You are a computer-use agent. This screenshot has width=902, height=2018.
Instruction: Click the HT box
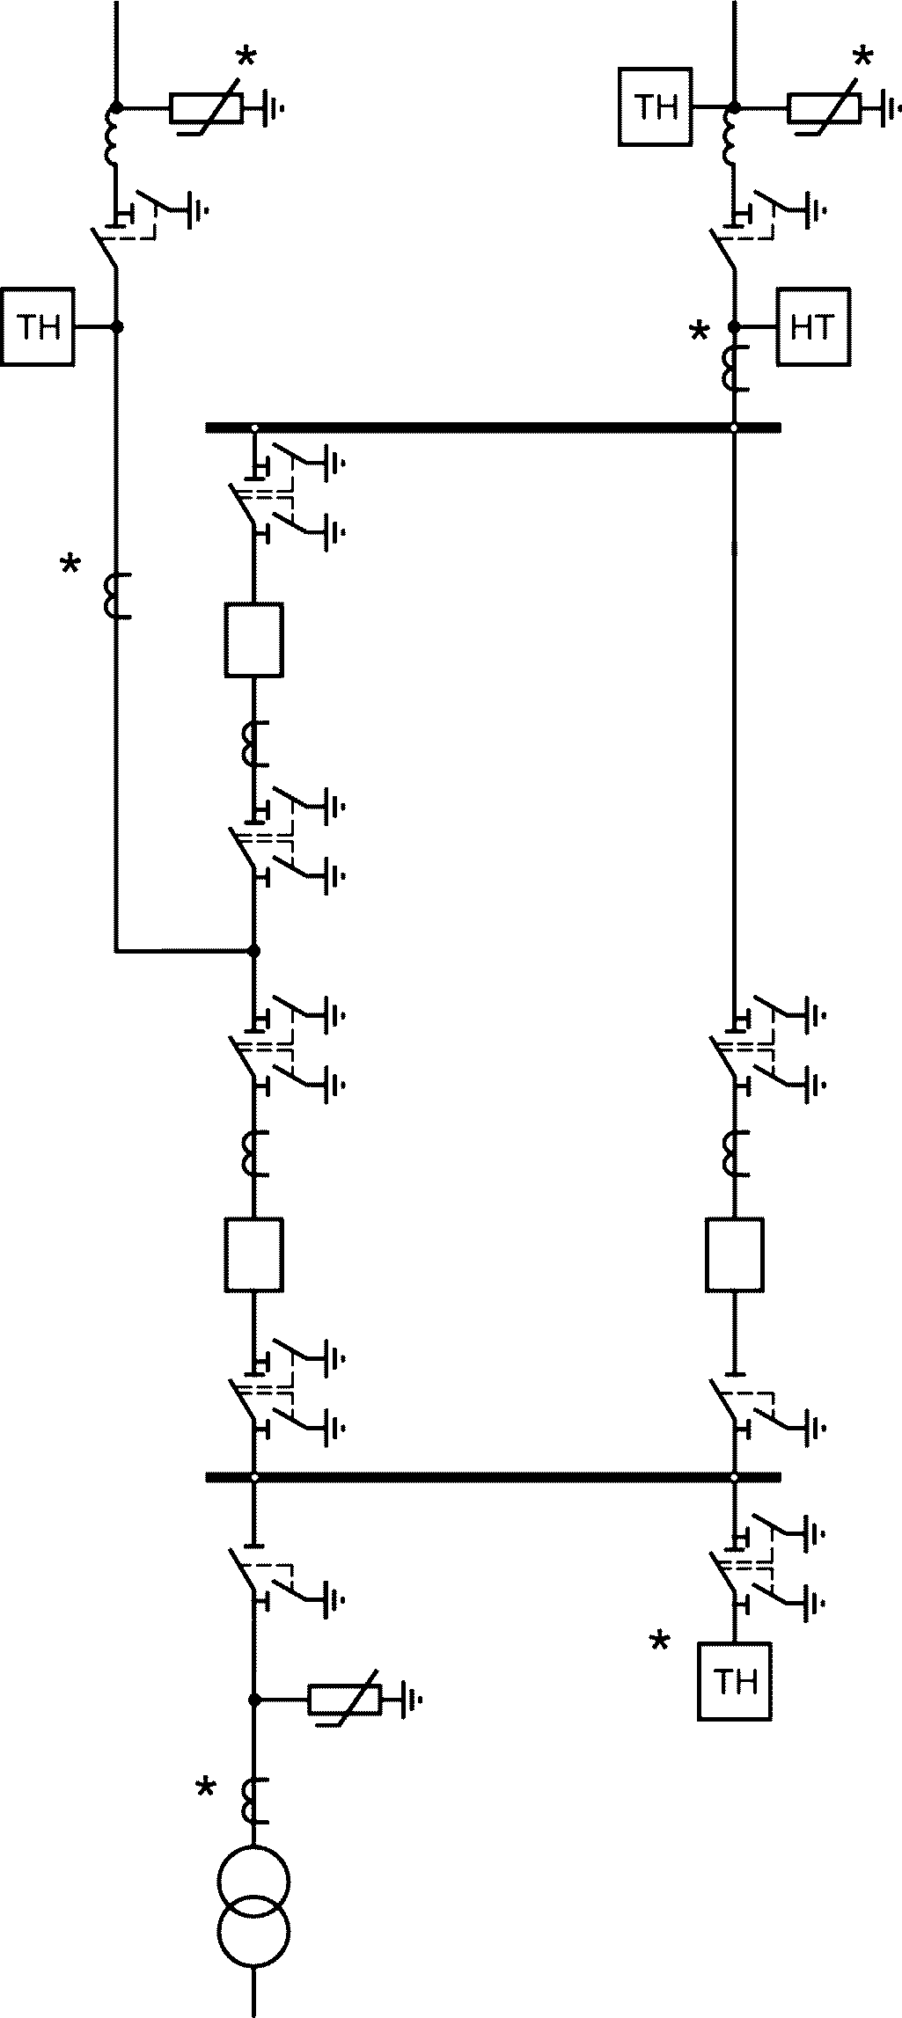[x=813, y=326]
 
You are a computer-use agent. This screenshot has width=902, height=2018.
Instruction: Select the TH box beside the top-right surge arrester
[x=656, y=107]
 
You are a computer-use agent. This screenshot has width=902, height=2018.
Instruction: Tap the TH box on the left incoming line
[x=39, y=326]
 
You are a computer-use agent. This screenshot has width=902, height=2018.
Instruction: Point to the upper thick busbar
[x=493, y=428]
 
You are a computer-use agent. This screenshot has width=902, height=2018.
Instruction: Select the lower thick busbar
[x=493, y=1477]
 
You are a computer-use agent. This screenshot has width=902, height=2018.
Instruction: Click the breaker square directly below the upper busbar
[x=254, y=640]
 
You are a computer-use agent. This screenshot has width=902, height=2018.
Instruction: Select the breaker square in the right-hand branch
[x=735, y=1254]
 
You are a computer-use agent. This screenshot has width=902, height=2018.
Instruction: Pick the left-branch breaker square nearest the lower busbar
[x=254, y=1254]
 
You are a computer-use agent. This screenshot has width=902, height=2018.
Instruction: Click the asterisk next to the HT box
[x=699, y=333]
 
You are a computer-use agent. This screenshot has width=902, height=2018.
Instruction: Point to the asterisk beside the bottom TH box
[x=658, y=1642]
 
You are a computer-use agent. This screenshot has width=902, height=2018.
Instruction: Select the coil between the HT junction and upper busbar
[x=735, y=369]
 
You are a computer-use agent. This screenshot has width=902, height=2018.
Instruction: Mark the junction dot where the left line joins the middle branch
[x=254, y=951]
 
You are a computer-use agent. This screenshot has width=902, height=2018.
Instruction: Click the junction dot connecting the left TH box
[x=116, y=326]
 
